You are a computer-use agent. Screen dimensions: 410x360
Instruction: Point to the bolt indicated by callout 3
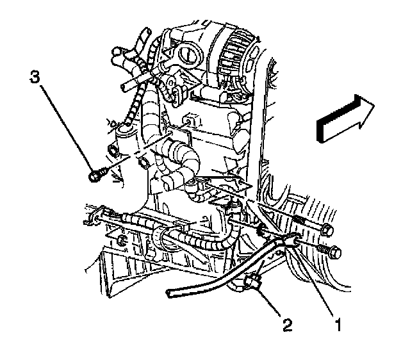coord(94,173)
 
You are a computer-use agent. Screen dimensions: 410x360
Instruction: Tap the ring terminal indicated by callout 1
coord(286,242)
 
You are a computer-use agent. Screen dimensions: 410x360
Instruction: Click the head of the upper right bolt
coord(327,229)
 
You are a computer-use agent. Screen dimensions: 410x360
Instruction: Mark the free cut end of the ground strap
coord(170,293)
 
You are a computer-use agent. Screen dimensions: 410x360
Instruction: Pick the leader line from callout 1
coord(313,285)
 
